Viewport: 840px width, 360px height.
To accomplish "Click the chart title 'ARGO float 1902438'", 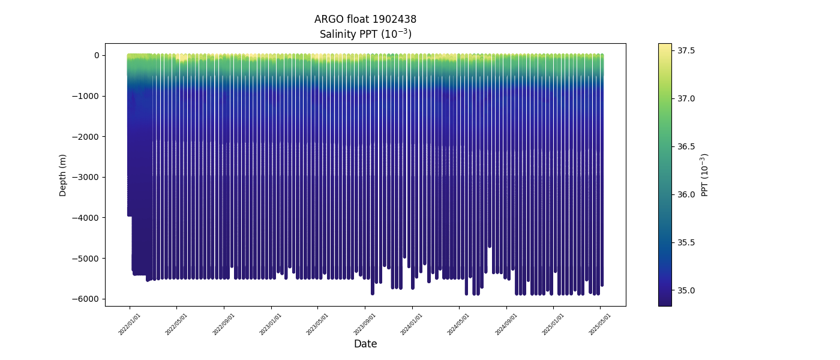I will pyautogui.click(x=365, y=19).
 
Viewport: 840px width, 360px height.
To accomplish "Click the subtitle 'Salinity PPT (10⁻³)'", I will pyautogui.click(x=365, y=34).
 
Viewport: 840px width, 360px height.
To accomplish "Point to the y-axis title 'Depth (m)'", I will pyautogui.click(x=63, y=175).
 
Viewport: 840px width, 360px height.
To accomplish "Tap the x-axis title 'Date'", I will pyautogui.click(x=365, y=344).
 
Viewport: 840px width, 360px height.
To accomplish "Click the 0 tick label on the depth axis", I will pyautogui.click(x=96, y=55).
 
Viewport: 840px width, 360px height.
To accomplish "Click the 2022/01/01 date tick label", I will pyautogui.click(x=130, y=323).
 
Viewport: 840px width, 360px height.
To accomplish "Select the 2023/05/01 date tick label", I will pyautogui.click(x=318, y=323).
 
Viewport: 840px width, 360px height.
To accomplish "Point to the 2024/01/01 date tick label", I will pyautogui.click(x=412, y=323).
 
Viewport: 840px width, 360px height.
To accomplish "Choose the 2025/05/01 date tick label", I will pyautogui.click(x=600, y=323).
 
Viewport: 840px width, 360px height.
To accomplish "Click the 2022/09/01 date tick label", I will pyautogui.click(x=224, y=323).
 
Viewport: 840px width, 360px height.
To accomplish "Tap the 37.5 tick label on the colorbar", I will pyautogui.click(x=686, y=50).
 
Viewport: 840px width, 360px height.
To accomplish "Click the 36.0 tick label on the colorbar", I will pyautogui.click(x=686, y=194).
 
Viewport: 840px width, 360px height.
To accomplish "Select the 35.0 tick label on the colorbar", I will pyautogui.click(x=686, y=290).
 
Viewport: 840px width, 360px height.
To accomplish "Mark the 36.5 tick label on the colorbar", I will pyautogui.click(x=686, y=146).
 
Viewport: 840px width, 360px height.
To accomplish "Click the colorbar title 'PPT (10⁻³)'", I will pyautogui.click(x=706, y=175).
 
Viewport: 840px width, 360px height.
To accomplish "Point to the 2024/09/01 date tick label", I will pyautogui.click(x=506, y=323).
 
